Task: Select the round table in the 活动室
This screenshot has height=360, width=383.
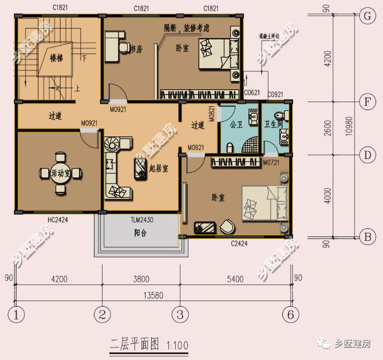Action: pyautogui.click(x=59, y=172)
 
